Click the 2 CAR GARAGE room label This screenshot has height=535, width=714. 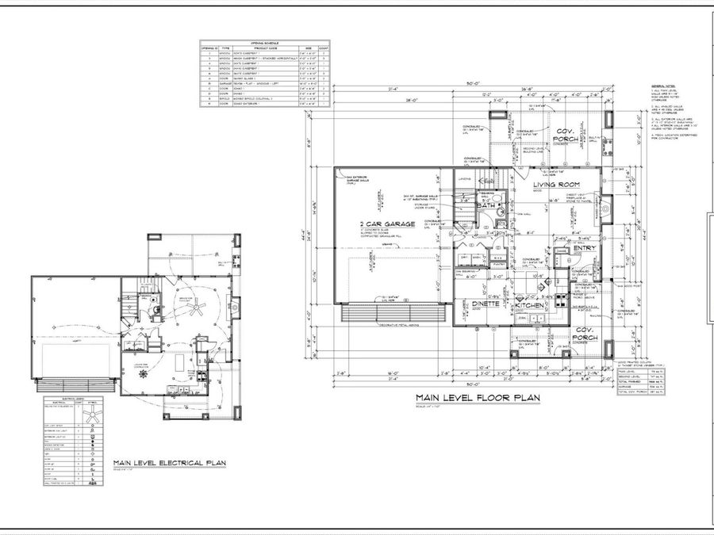[386, 224]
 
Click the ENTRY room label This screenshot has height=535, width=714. [585, 248]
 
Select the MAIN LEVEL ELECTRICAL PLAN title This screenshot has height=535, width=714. [170, 463]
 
